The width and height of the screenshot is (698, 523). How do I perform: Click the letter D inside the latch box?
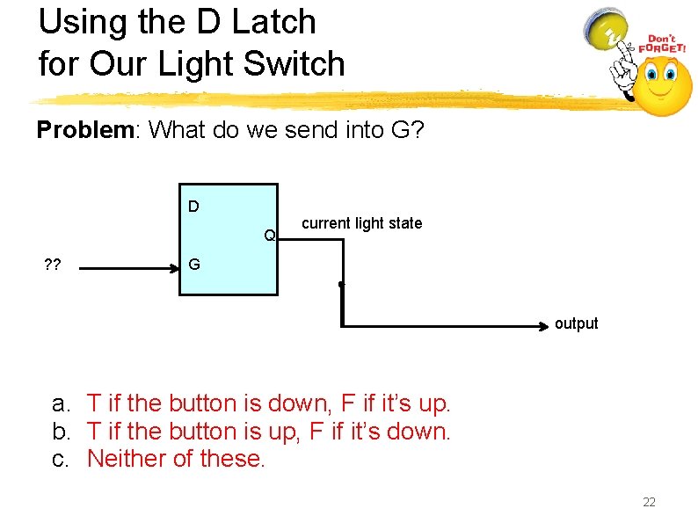(193, 207)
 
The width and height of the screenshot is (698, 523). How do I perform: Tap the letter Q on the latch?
(271, 235)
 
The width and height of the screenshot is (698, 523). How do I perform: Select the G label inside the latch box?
(193, 264)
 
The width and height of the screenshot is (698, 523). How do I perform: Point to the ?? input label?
(52, 265)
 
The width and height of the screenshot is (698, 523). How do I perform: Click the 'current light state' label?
(361, 223)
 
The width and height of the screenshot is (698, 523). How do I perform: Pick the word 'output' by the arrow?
(576, 323)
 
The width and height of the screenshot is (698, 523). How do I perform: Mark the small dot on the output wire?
(340, 285)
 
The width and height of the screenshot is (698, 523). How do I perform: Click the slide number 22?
(650, 502)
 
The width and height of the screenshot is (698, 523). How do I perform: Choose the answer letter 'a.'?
(61, 403)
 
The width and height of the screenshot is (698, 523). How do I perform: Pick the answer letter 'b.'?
(61, 431)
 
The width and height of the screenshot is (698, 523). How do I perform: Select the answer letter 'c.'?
(61, 458)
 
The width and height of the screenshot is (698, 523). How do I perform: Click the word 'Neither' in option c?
(122, 458)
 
